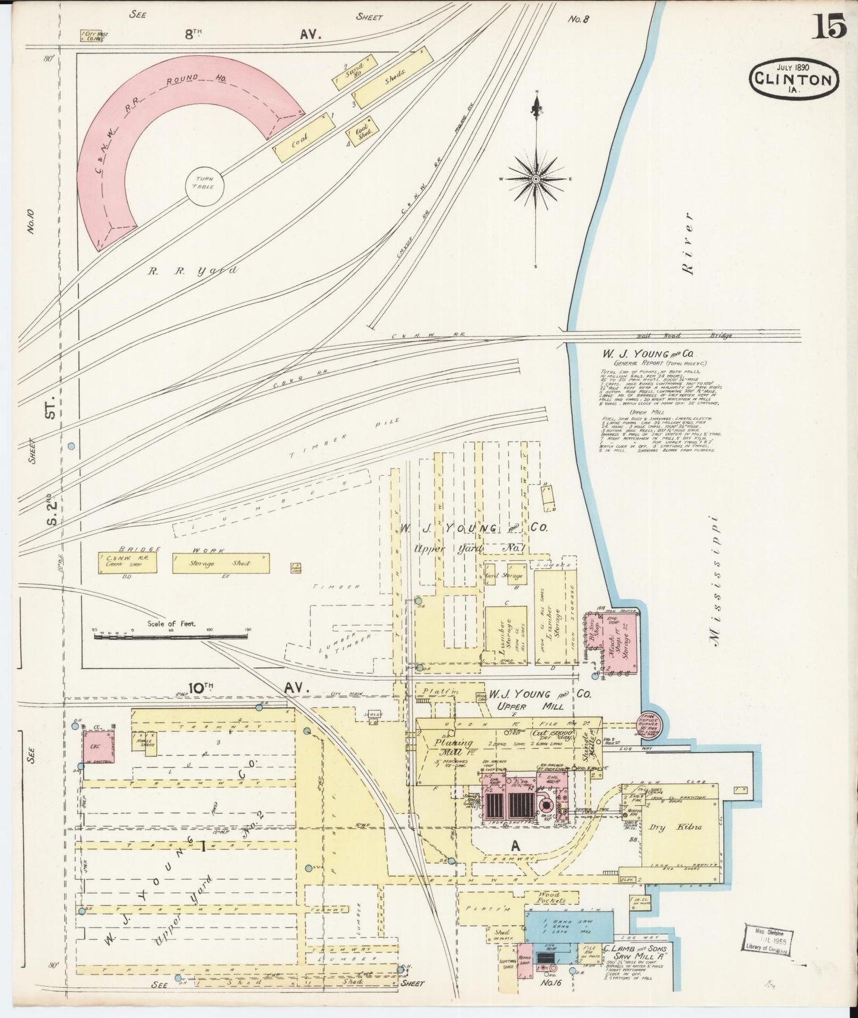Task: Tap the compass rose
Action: [x=536, y=178]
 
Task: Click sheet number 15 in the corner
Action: [x=829, y=27]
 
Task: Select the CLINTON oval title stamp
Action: [x=794, y=78]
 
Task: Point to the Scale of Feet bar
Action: [x=171, y=636]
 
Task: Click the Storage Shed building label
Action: [x=220, y=563]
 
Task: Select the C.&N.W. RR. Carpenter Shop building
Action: [x=128, y=563]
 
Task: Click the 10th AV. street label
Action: [x=243, y=688]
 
